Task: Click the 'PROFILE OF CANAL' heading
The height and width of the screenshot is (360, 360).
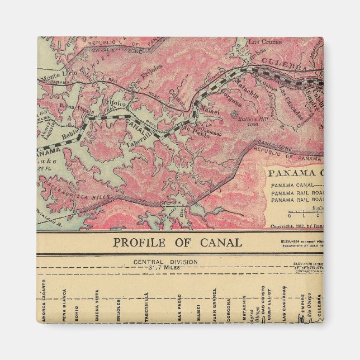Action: coord(177,243)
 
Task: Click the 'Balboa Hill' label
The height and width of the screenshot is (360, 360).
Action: coord(247,119)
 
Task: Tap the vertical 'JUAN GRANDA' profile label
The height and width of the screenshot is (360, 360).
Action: coord(214,304)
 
